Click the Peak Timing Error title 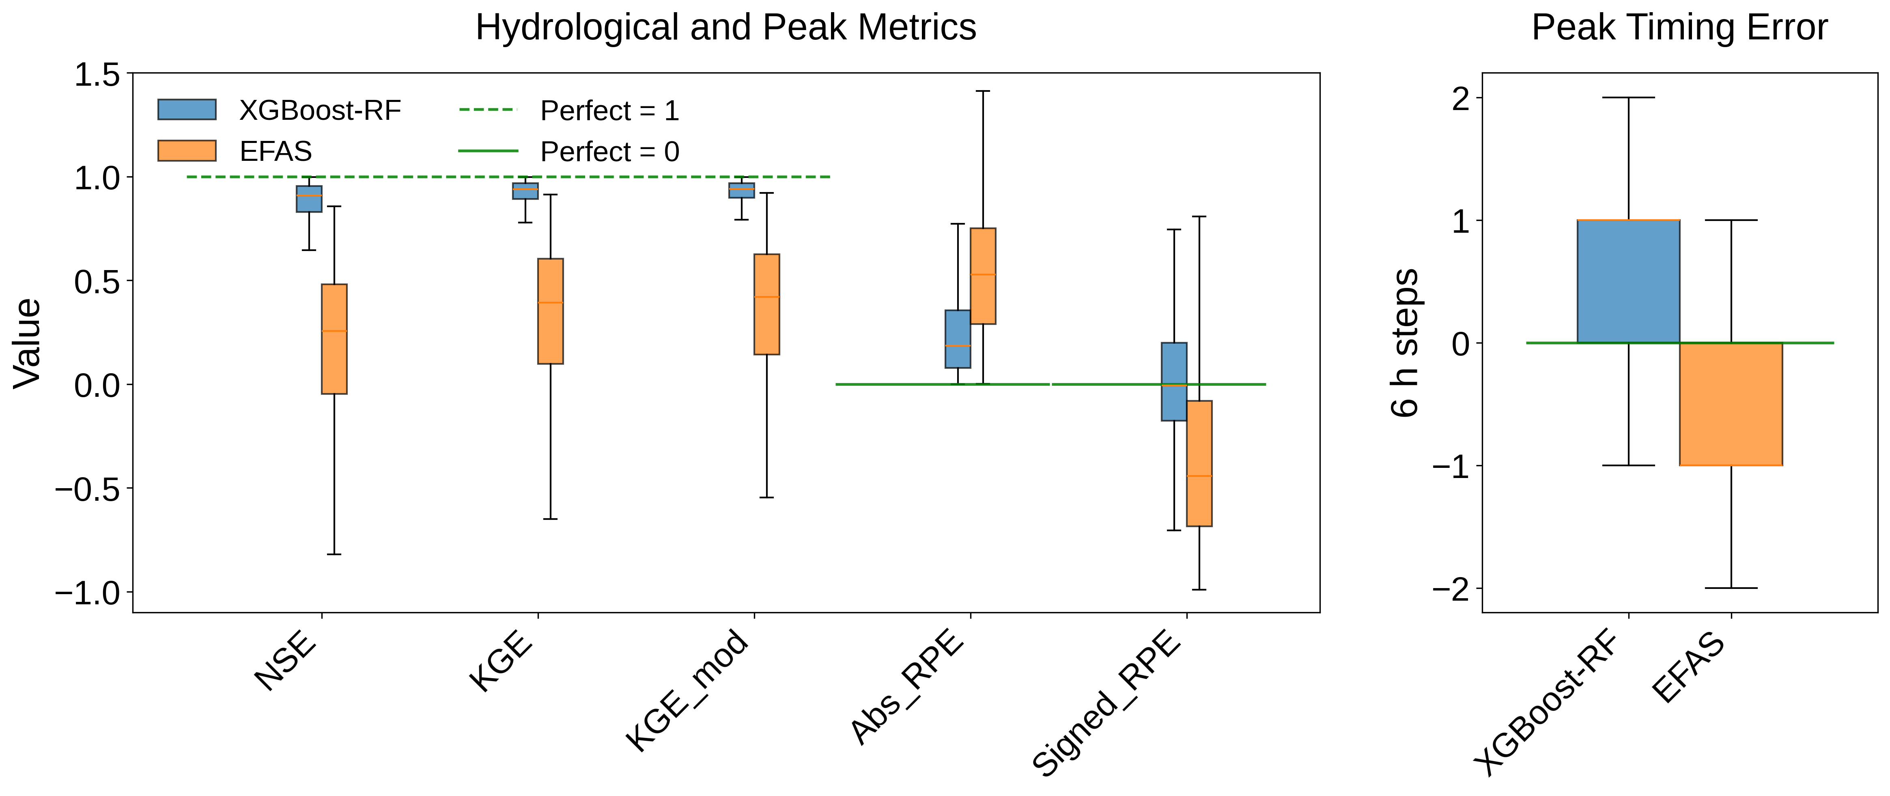(x=1679, y=28)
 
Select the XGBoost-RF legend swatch (x=187, y=109)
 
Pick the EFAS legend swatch (x=187, y=151)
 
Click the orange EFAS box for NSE (x=335, y=339)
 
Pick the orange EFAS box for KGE (x=550, y=311)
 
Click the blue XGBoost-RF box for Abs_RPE (x=958, y=339)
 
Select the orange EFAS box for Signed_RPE (x=1199, y=463)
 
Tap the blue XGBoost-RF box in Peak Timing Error (x=1628, y=281)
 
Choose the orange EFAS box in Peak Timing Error (x=1731, y=404)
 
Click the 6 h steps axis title (x=1405, y=343)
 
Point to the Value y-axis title (x=28, y=343)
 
